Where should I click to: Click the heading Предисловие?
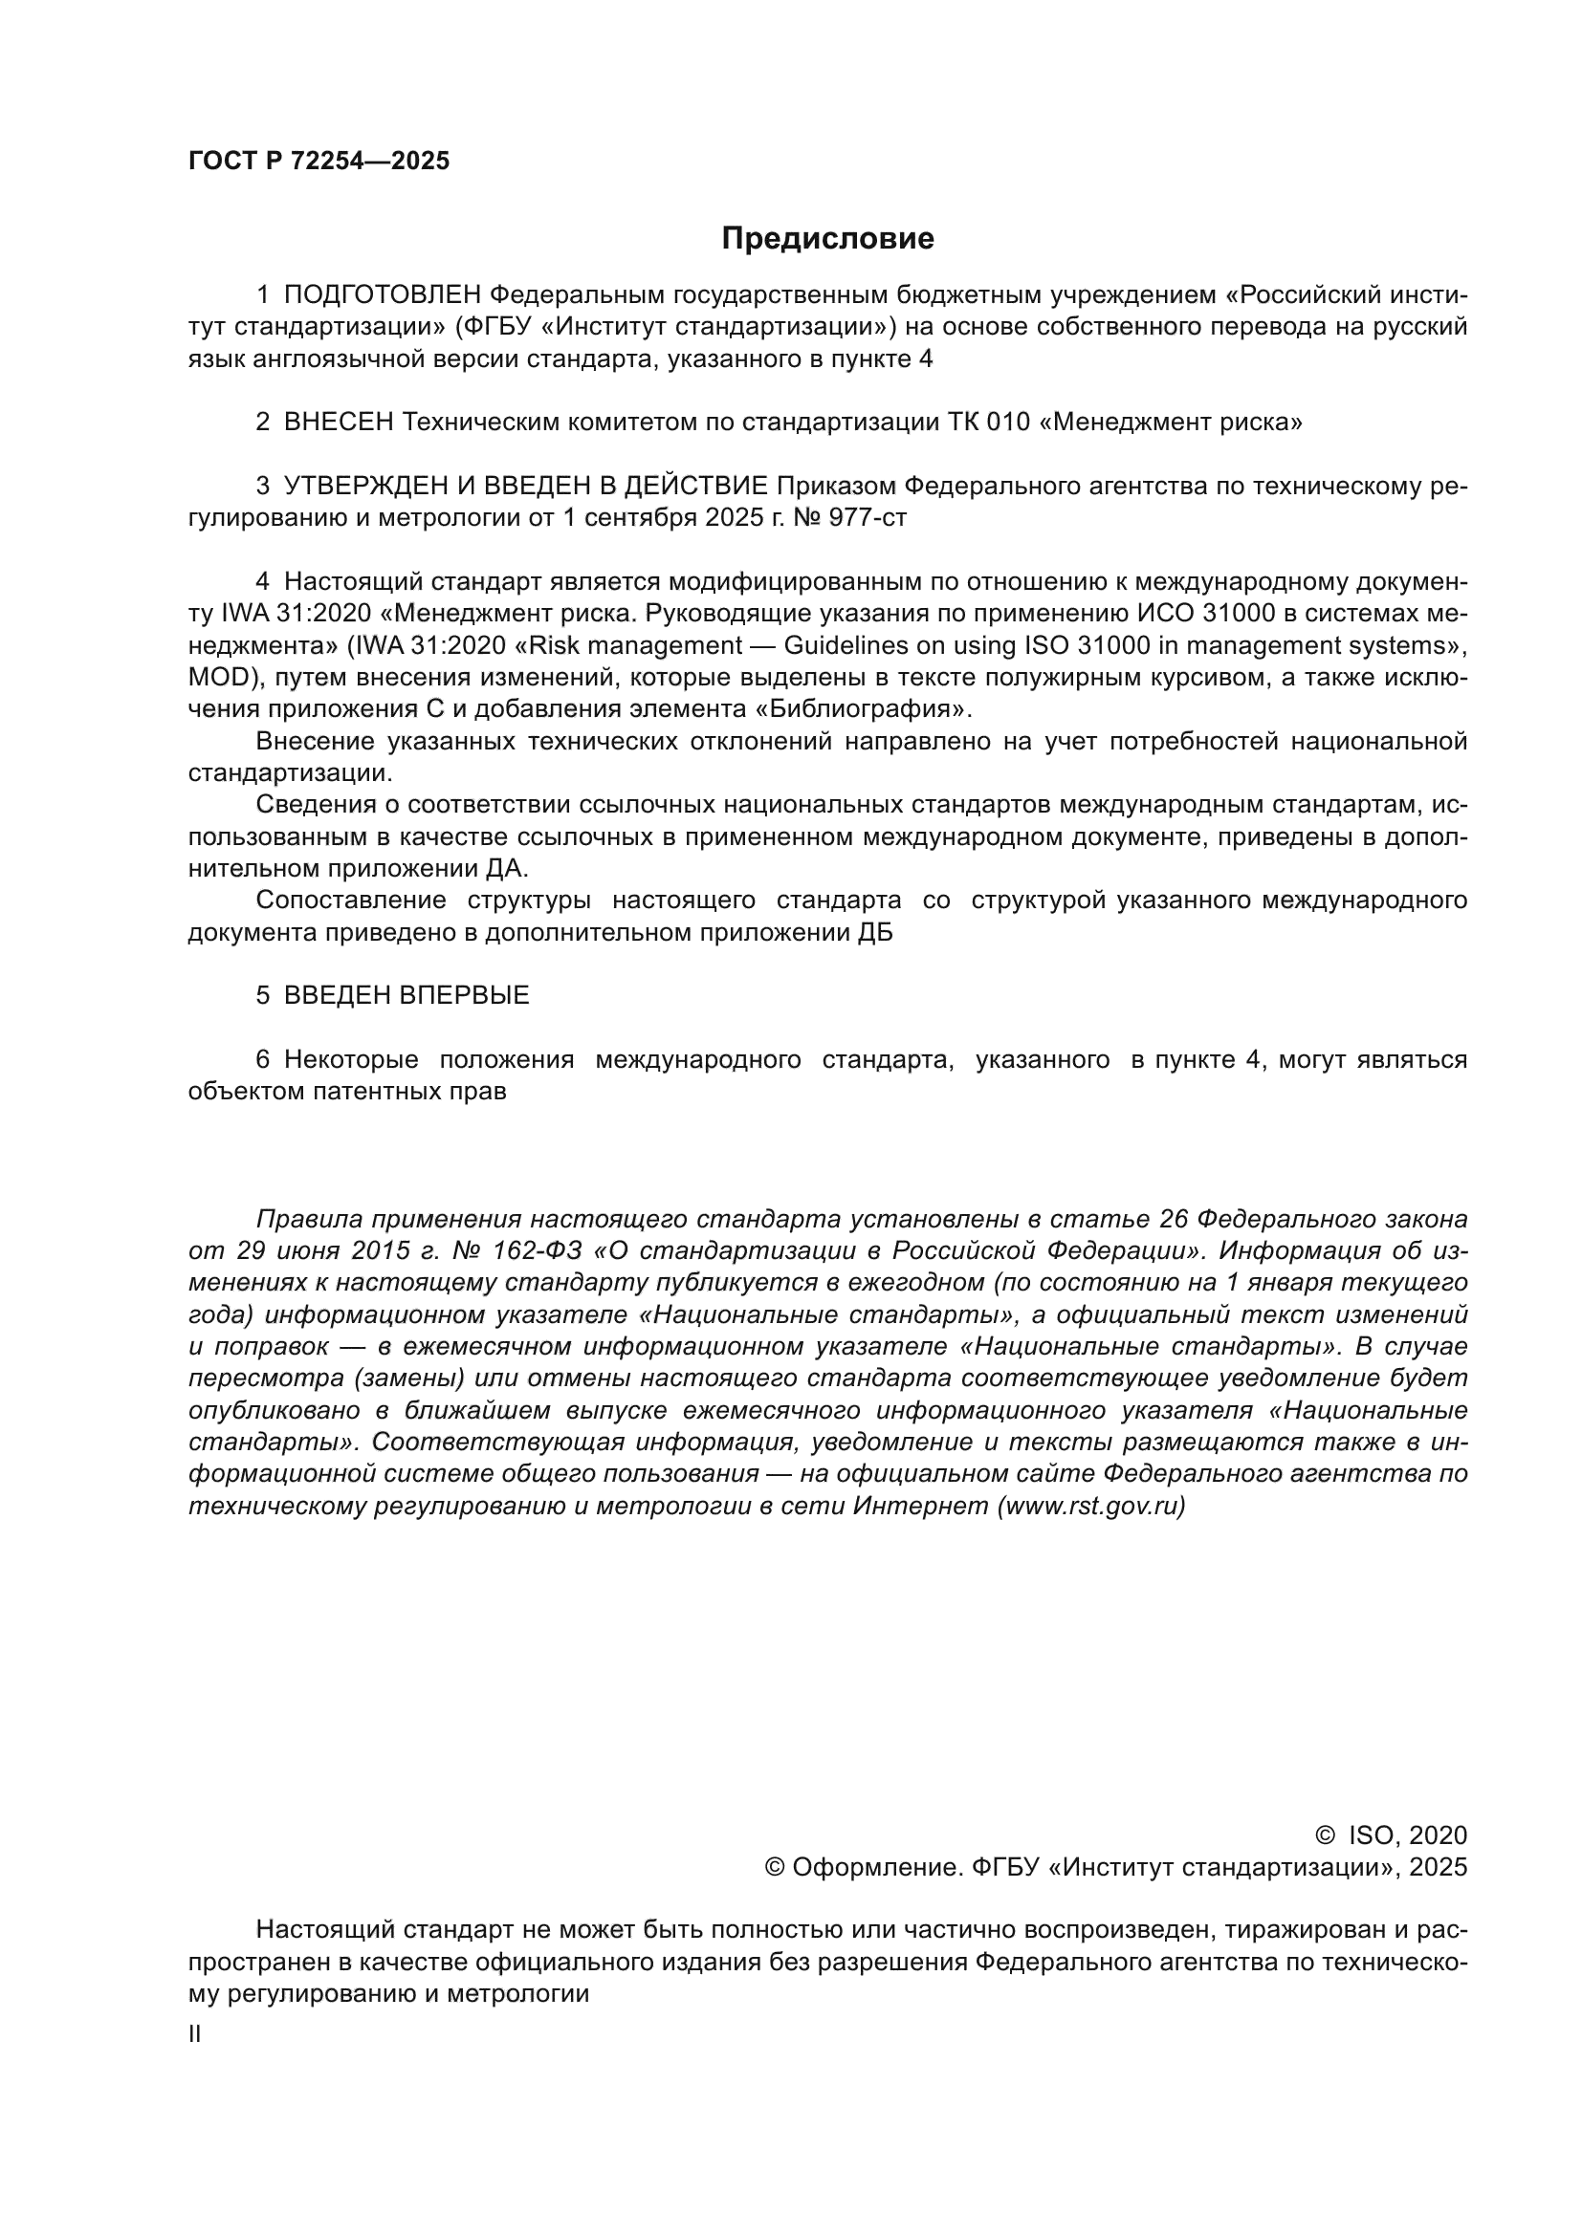pos(827,239)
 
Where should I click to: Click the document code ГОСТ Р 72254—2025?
pos(319,162)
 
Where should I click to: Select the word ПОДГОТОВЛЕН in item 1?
pos(383,295)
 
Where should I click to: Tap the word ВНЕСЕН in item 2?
pos(339,423)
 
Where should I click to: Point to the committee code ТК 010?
pos(988,423)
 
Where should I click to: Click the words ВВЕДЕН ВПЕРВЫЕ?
pos(406,996)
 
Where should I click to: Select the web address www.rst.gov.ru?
pos(1090,1507)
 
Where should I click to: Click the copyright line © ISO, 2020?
pos(1391,1835)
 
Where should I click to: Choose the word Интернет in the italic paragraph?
pos(920,1507)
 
